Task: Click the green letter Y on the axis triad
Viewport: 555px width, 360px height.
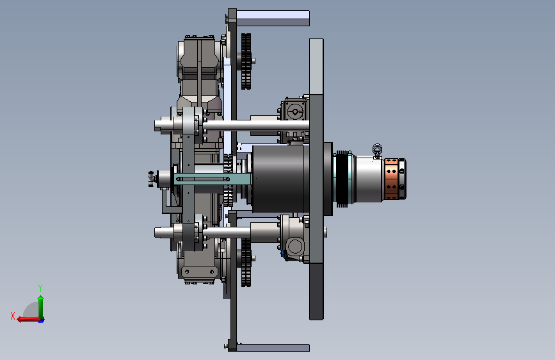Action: pyautogui.click(x=40, y=288)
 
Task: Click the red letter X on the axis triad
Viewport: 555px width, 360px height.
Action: pyautogui.click(x=13, y=316)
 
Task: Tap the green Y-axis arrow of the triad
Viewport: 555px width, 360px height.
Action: pyautogui.click(x=41, y=307)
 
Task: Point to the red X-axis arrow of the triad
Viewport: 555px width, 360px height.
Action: pyautogui.click(x=29, y=319)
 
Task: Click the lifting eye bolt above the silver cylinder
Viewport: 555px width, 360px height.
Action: pyautogui.click(x=377, y=151)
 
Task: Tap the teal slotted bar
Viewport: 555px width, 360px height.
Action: pyautogui.click(x=213, y=179)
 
